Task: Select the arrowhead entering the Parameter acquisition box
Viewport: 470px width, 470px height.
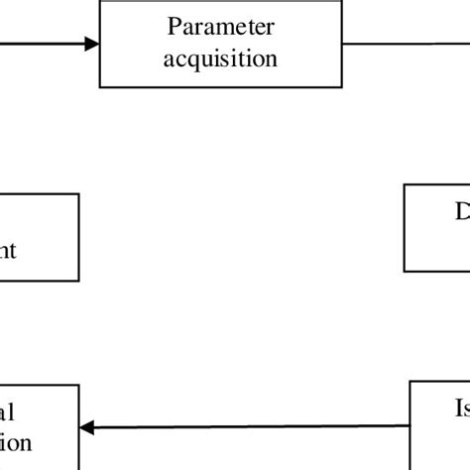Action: point(92,43)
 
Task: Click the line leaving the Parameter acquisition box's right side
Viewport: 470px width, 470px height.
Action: point(397,43)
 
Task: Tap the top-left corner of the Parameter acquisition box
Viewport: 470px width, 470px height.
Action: point(100,1)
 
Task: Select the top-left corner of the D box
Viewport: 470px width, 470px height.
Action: point(405,184)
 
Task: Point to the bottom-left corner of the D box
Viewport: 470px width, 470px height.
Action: point(405,271)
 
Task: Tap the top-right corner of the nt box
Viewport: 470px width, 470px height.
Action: point(78,194)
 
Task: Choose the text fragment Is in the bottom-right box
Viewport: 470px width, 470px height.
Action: point(460,409)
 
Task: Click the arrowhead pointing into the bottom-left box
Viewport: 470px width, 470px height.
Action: point(86,428)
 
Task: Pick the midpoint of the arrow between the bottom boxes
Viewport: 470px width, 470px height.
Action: point(245,428)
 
